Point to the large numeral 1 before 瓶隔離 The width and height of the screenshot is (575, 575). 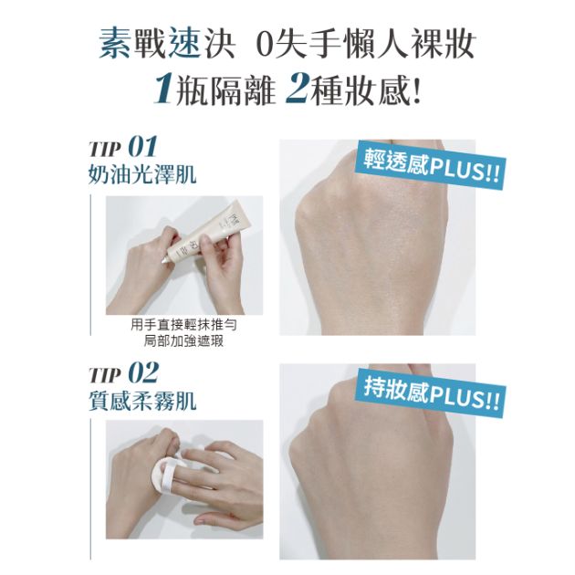click(x=163, y=89)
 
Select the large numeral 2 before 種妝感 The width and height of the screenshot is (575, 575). click(x=297, y=89)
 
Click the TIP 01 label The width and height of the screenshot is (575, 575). click(x=123, y=147)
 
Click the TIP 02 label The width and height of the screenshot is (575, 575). click(x=124, y=372)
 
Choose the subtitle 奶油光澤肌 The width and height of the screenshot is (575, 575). click(x=142, y=174)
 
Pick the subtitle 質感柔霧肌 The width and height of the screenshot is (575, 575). click(x=142, y=401)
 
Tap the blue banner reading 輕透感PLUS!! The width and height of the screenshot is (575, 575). click(x=431, y=164)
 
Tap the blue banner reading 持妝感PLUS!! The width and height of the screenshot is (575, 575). click(x=431, y=392)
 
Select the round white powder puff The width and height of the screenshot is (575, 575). click(x=169, y=473)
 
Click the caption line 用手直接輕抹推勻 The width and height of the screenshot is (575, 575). click(x=184, y=325)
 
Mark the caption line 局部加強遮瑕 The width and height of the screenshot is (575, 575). click(x=184, y=341)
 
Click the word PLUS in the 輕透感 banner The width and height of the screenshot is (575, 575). click(x=455, y=170)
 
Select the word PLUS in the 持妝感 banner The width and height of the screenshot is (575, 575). click(x=455, y=398)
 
